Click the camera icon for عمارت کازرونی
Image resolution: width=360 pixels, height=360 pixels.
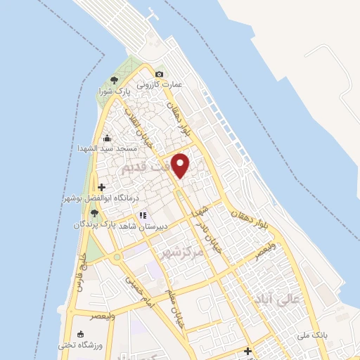(160, 75)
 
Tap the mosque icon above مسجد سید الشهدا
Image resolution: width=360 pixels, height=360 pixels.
(107, 138)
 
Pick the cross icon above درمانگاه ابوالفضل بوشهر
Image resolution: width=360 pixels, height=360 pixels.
(103, 188)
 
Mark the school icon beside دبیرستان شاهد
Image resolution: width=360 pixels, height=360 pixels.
(143, 215)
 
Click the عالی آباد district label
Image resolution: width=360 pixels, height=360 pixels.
(279, 300)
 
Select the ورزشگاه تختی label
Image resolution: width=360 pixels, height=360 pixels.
(80, 345)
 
